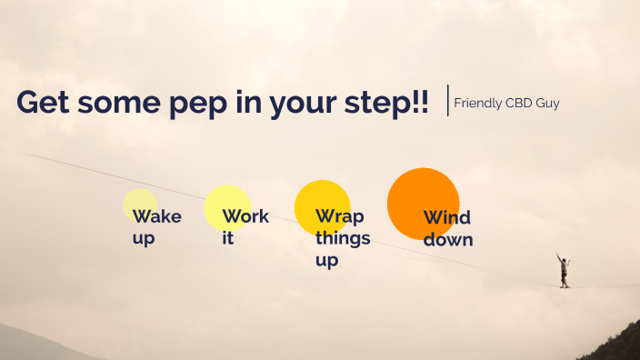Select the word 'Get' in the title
tap(43, 102)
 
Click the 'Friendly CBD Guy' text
tap(506, 103)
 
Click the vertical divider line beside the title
tap(448, 100)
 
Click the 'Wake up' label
tap(155, 226)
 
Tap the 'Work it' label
tap(245, 227)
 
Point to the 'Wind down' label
tap(447, 229)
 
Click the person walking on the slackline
tap(565, 271)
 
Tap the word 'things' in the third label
tap(343, 238)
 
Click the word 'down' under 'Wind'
tap(448, 240)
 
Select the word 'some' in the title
tap(116, 102)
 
